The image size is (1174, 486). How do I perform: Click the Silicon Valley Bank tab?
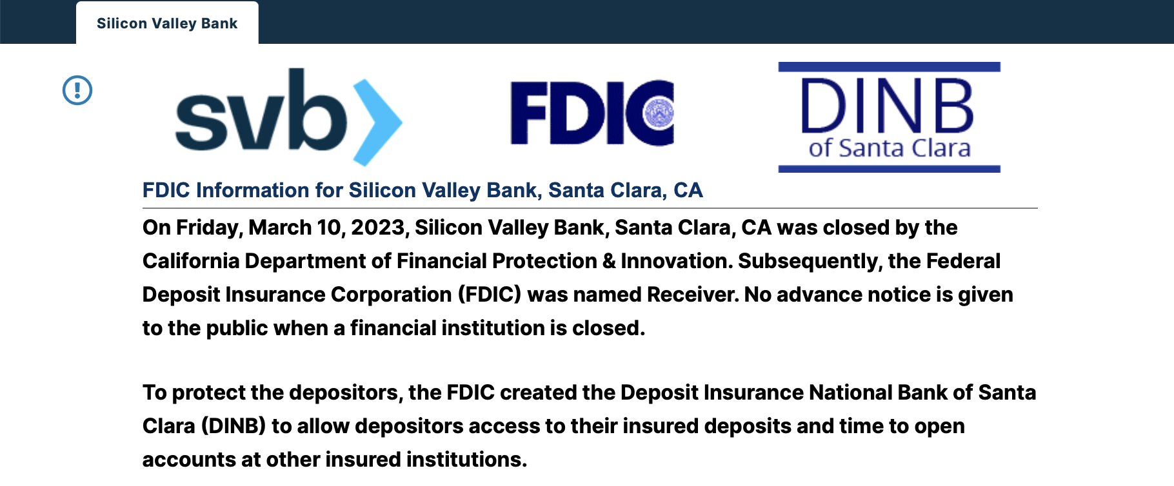tap(167, 23)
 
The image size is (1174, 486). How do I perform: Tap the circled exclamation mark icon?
tap(77, 90)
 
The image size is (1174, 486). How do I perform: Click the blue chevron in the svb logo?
tap(378, 122)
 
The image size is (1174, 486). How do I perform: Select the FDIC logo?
tap(592, 113)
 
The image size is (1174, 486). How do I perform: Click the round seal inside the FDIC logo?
tap(659, 113)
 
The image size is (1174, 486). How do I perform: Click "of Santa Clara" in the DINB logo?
tap(890, 148)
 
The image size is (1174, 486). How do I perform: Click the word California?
tap(190, 261)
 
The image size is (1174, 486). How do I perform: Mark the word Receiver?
tap(693, 295)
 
